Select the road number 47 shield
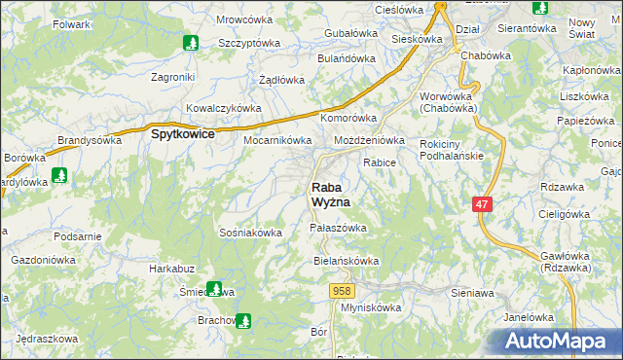click(x=482, y=204)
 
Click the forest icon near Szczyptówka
click(x=191, y=43)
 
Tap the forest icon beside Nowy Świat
click(x=540, y=9)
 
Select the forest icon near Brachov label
click(x=243, y=319)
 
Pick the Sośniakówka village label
click(x=251, y=233)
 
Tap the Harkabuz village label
click(x=172, y=268)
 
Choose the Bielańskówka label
click(x=345, y=262)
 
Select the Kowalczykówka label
click(x=223, y=108)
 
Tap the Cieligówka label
click(x=569, y=213)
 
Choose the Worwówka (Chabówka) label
click(x=449, y=102)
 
